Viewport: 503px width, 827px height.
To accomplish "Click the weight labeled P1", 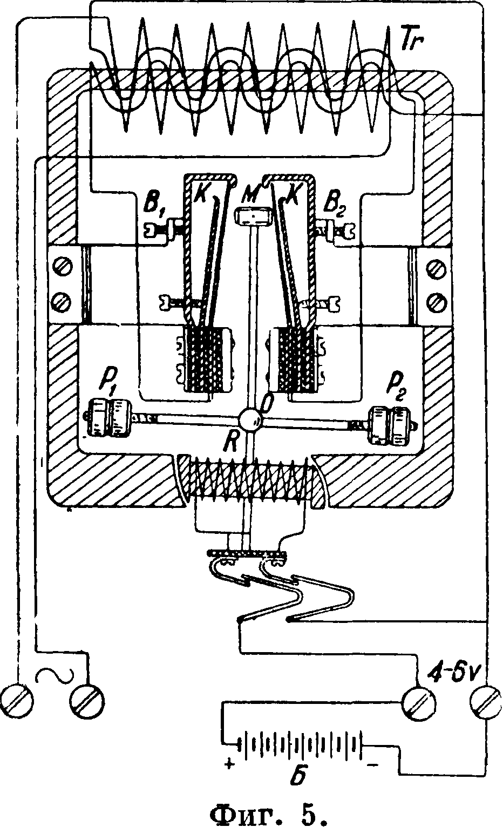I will click(x=108, y=417).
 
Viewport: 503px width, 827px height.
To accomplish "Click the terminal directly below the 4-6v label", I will click(x=483, y=702).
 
